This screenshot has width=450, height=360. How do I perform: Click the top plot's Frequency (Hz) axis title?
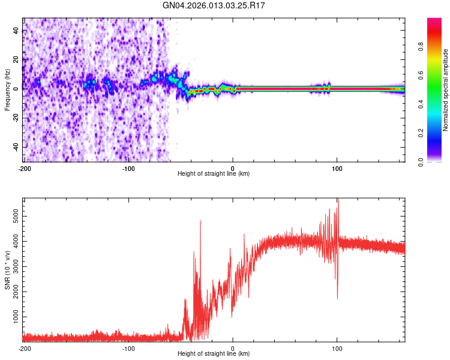point(7,89)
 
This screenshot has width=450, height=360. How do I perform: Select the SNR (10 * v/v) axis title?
point(7,269)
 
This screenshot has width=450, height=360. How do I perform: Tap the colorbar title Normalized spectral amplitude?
point(445,90)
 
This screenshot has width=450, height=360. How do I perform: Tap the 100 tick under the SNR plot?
point(337,347)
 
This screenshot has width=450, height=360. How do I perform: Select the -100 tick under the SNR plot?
point(128,347)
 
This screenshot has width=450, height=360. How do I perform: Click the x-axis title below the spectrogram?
point(214,173)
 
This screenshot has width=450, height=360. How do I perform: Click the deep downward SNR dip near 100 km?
point(337,298)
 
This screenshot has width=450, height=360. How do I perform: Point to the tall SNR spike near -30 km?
point(200,221)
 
